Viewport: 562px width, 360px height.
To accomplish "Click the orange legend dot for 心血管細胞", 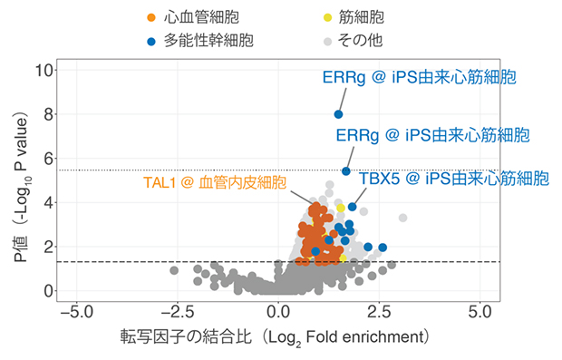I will pos(152,17).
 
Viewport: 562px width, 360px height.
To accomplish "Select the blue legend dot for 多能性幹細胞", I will pos(152,40).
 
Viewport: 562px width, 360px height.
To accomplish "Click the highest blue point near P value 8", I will pos(338,114).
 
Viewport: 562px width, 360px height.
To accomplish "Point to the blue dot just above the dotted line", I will pos(345,171).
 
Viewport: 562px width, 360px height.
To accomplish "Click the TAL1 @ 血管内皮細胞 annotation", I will pos(215,181).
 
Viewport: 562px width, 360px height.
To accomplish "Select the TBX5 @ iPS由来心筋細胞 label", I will pos(453,178).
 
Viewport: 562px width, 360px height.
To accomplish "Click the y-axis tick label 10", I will pos(41,70).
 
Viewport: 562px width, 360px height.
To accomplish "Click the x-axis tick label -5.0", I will pos(76,313).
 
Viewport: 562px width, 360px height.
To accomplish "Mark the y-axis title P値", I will pos(17,181).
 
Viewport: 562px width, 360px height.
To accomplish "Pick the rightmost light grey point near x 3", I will pos(402,218).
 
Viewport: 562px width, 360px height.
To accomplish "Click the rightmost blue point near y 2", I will pos(383,248).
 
